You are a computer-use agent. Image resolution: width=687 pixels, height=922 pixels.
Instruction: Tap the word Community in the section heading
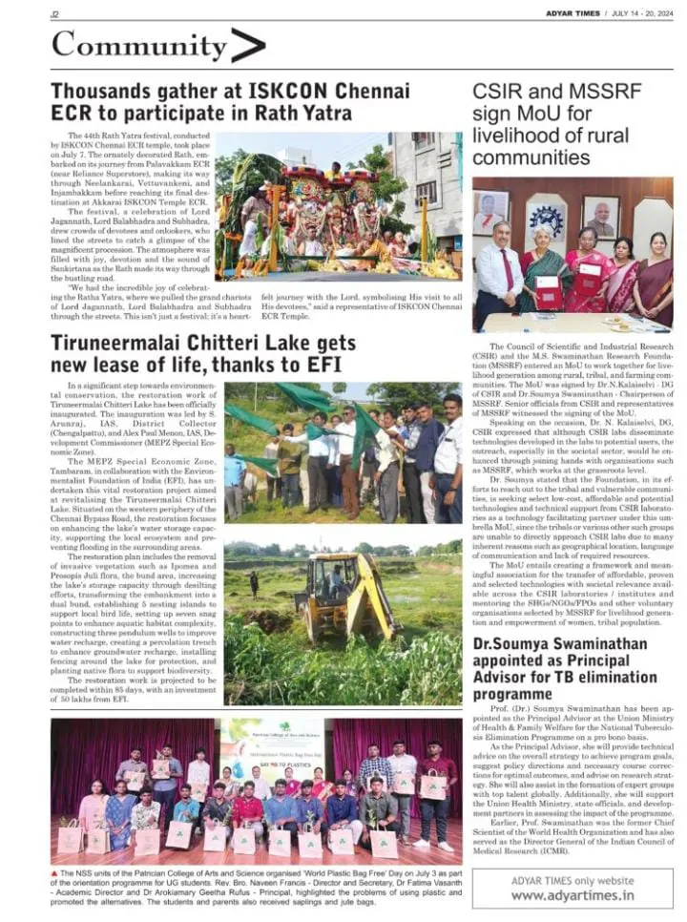coord(139,46)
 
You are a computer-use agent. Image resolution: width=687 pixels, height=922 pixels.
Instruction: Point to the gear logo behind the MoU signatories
coord(546,212)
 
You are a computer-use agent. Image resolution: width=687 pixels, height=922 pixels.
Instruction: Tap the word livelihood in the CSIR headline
coord(517,136)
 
